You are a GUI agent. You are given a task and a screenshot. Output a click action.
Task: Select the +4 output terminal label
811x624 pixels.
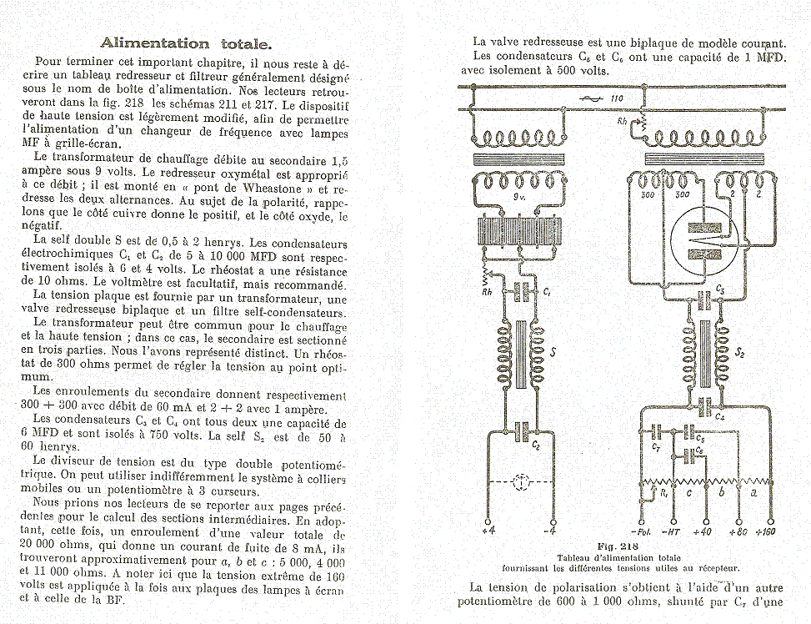coord(488,531)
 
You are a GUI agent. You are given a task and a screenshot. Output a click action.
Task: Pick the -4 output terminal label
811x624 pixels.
coord(550,531)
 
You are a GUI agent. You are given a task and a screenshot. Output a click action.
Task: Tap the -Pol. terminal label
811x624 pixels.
coord(641,531)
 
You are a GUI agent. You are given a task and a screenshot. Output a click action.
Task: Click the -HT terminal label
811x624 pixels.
coord(672,531)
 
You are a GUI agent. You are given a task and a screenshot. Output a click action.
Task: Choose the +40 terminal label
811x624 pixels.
coord(702,531)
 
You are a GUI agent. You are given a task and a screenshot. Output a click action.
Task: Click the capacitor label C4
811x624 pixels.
coord(718,415)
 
